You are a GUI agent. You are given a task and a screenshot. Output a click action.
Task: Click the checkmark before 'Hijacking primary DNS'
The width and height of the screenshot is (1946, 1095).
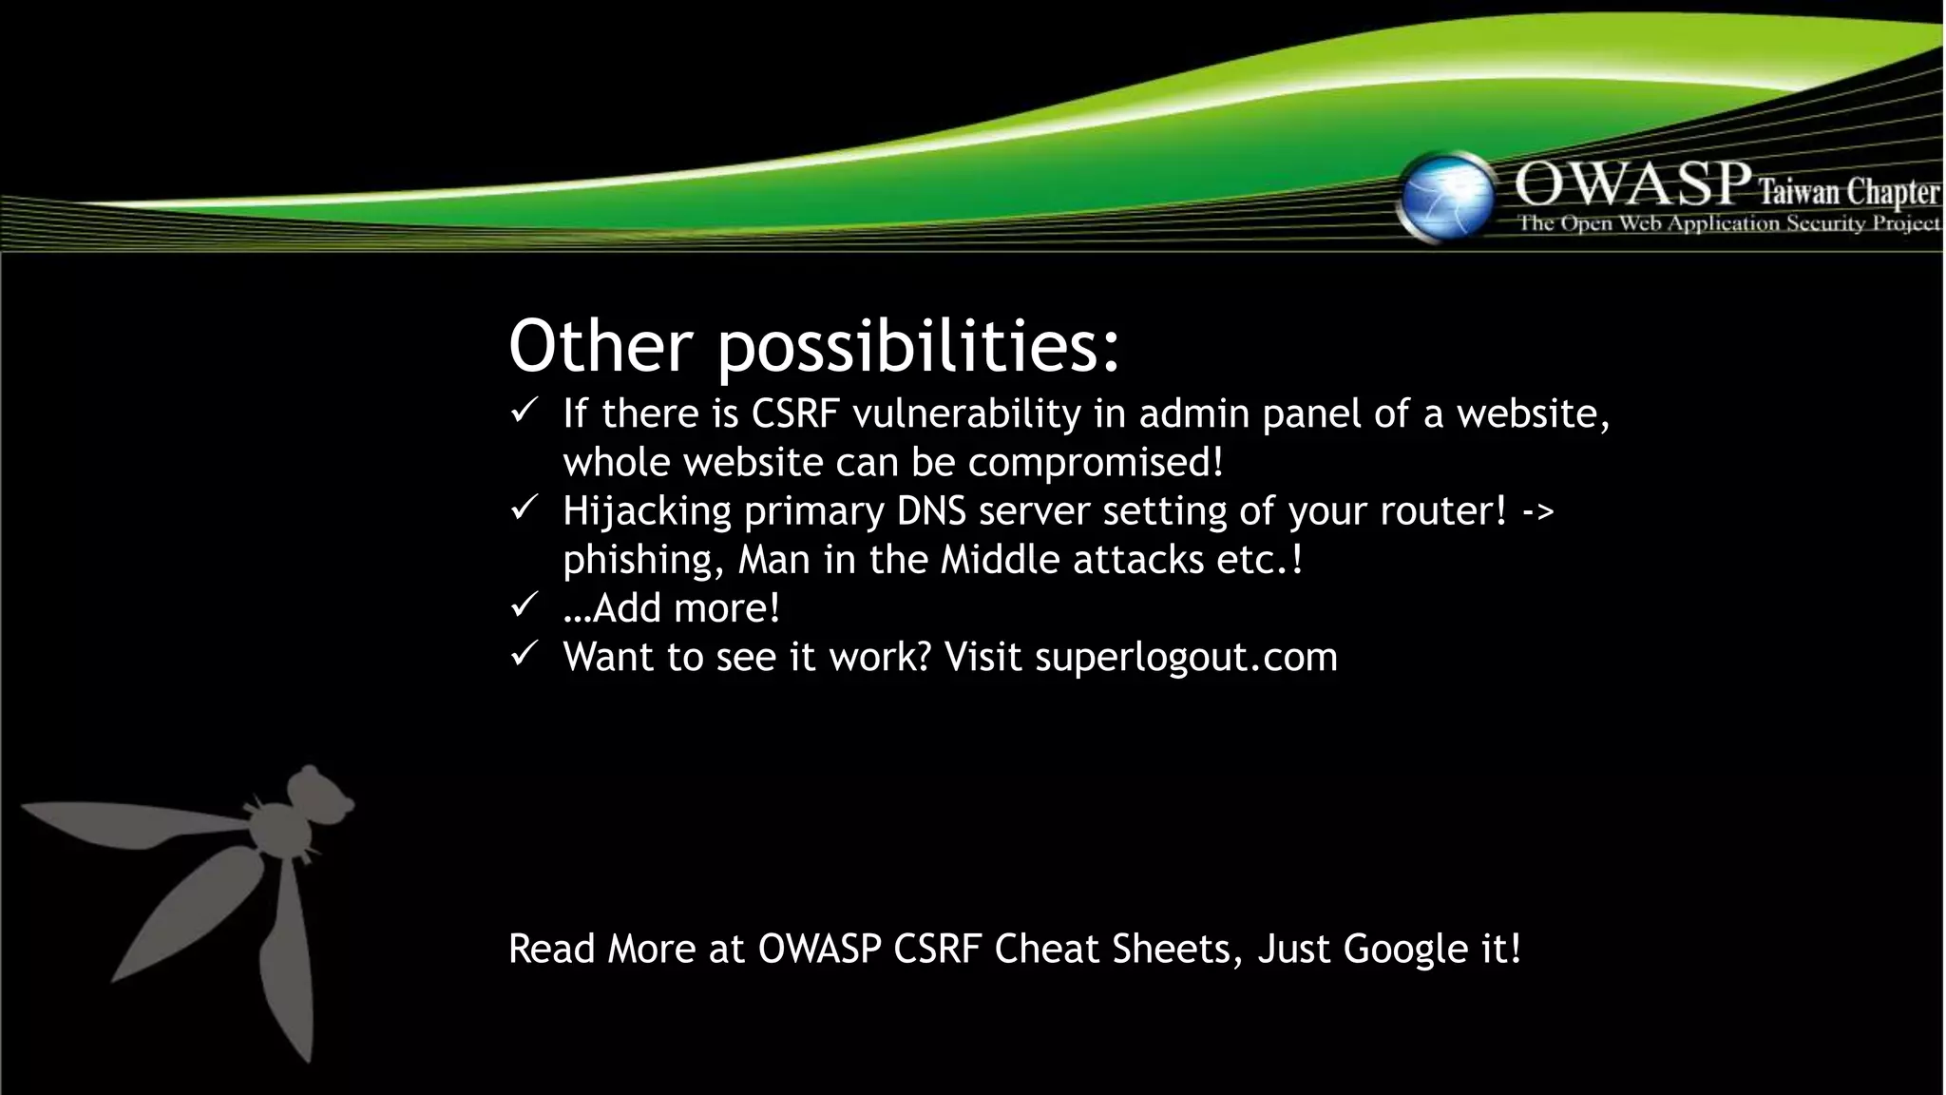(525, 509)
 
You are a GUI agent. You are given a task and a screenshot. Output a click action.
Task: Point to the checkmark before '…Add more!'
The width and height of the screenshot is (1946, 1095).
(525, 605)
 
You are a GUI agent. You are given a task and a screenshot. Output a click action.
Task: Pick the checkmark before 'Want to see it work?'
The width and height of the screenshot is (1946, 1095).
(525, 654)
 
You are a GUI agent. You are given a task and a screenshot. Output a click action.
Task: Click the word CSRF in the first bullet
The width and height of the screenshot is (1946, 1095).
(796, 414)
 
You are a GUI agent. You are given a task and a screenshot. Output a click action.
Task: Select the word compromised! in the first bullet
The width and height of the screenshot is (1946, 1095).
(1096, 463)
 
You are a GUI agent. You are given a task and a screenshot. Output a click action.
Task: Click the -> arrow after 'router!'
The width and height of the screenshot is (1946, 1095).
(1537, 511)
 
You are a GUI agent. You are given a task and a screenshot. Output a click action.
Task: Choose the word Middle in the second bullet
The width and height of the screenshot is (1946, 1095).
(1000, 560)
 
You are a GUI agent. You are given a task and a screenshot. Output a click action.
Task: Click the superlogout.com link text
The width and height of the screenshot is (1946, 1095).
(1186, 658)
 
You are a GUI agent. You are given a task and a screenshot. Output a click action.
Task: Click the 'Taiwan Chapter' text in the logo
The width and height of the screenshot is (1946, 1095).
(1847, 193)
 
